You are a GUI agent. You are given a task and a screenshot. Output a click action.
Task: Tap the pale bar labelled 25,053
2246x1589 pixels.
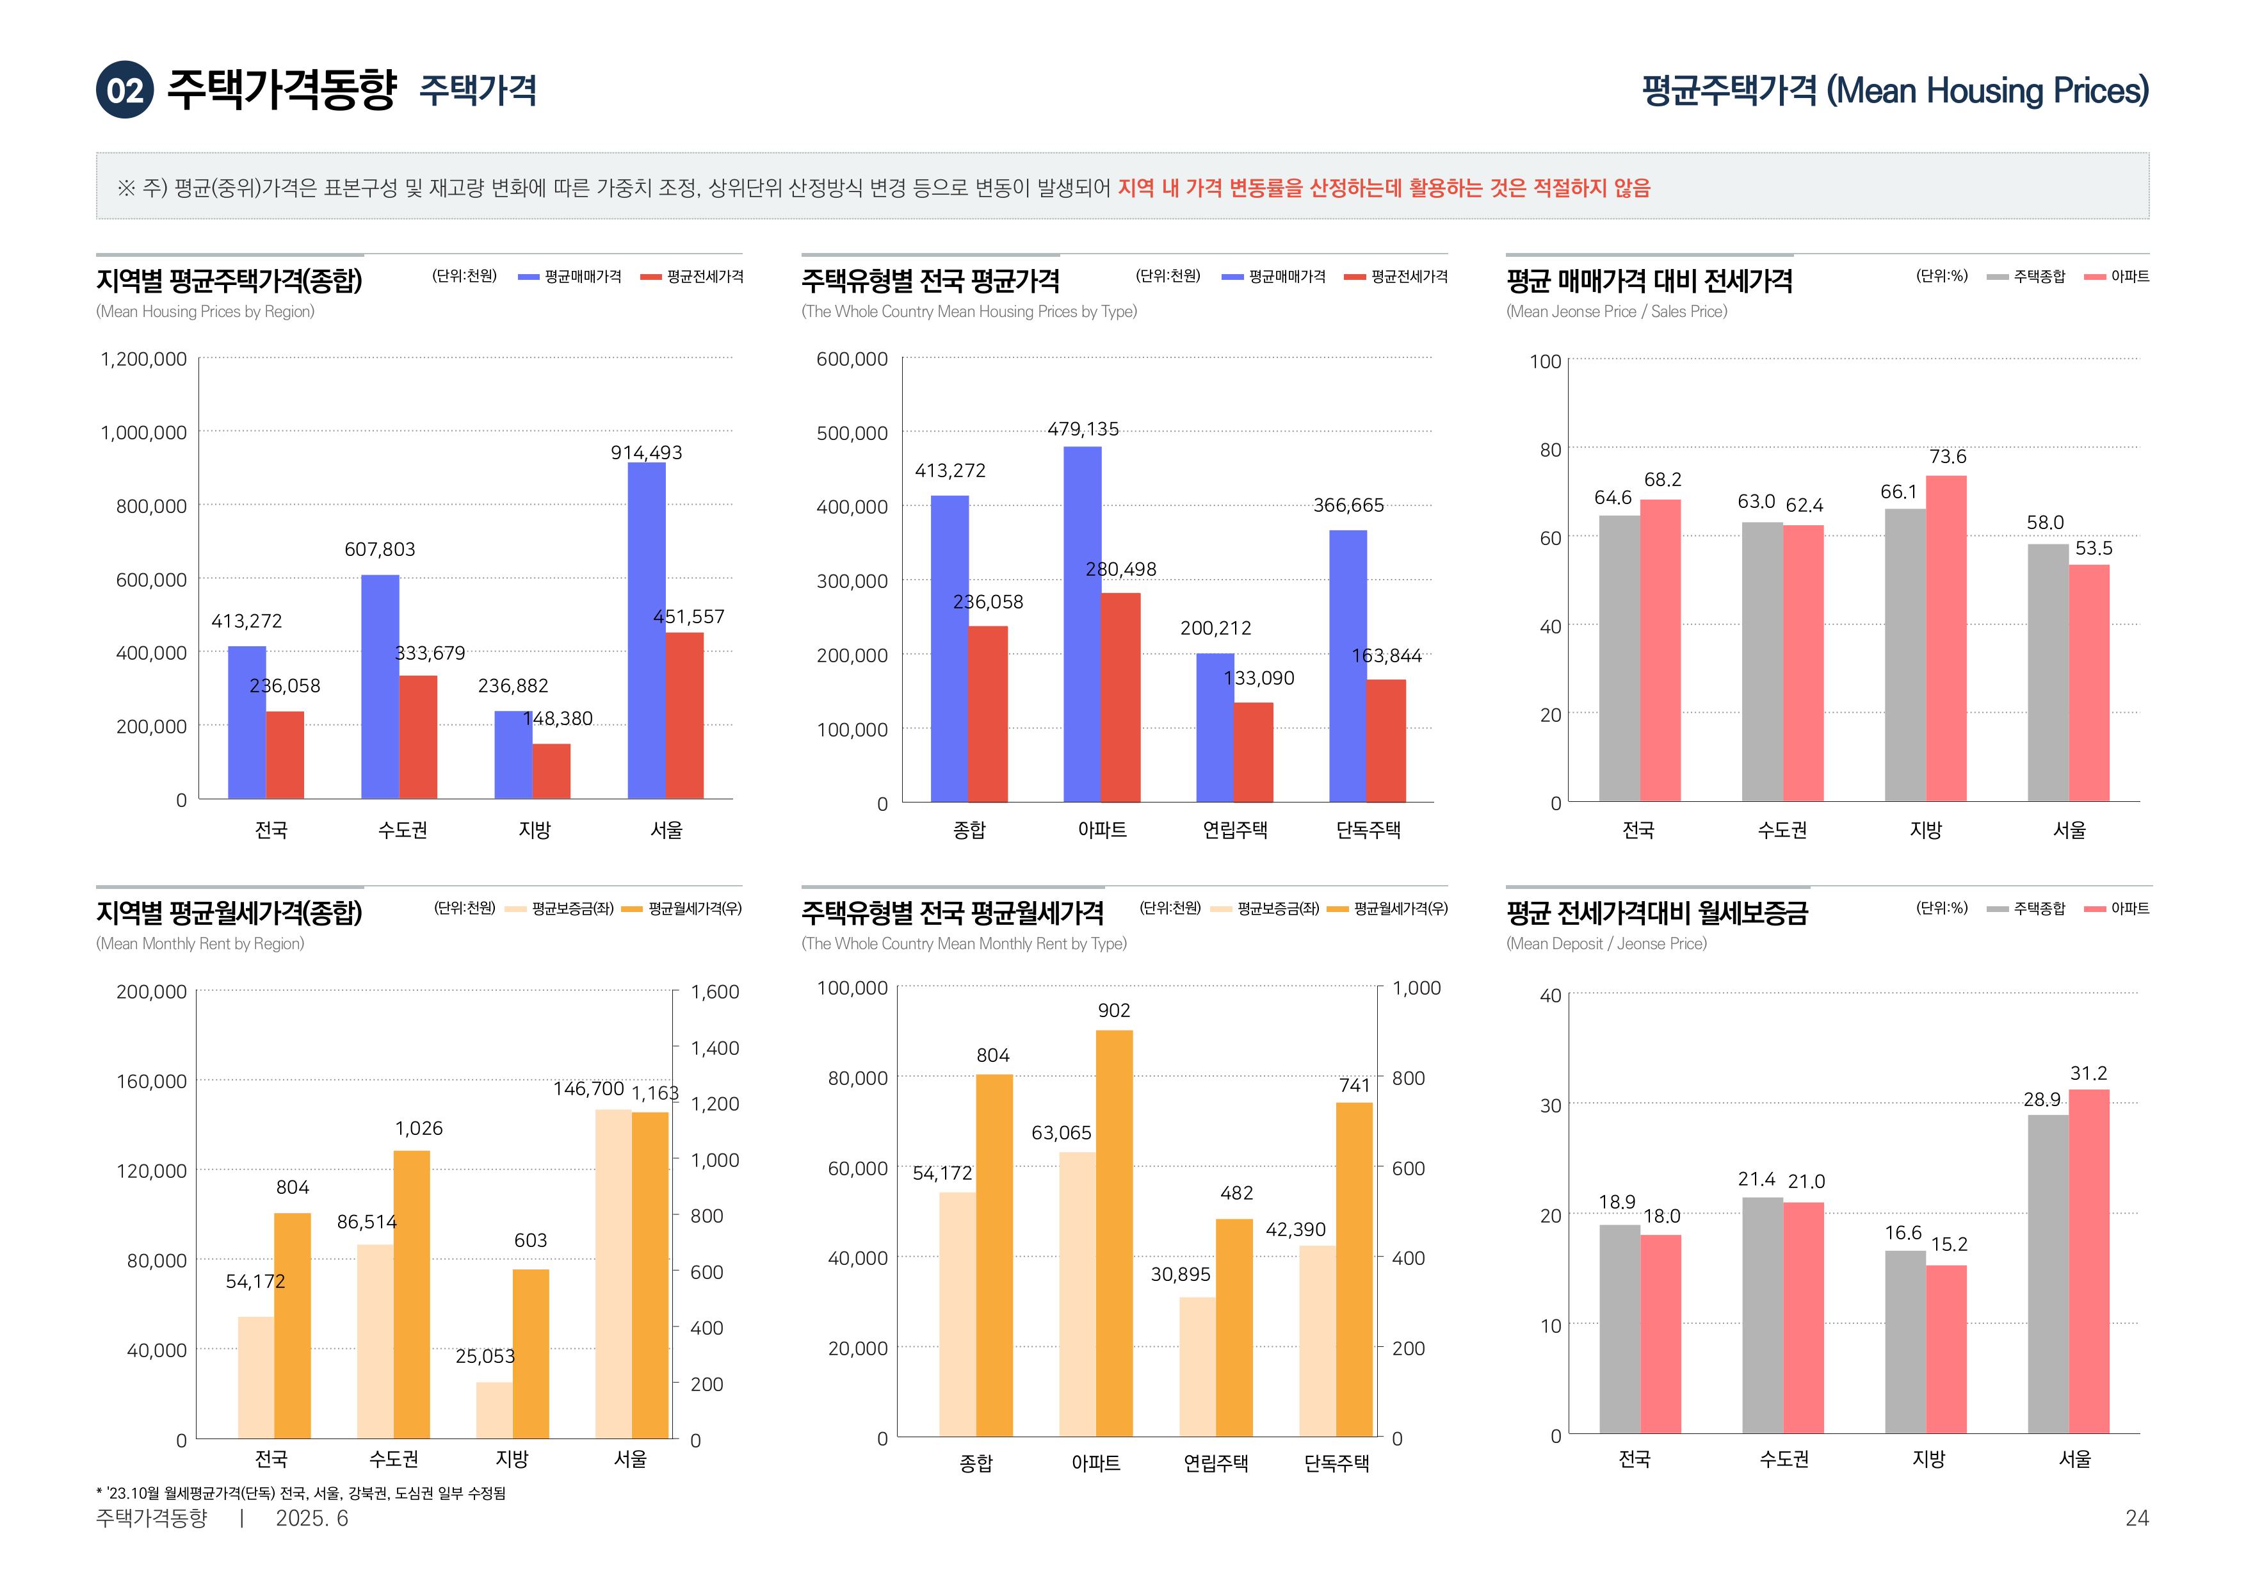click(x=494, y=1409)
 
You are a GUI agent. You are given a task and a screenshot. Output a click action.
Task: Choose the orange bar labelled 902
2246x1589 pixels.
click(x=1114, y=1233)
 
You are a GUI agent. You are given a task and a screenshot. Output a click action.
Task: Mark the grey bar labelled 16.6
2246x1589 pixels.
click(x=1905, y=1340)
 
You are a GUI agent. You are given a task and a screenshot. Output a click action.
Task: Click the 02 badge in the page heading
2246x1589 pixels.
click(x=124, y=90)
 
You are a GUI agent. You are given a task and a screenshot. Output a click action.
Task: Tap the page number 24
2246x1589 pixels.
click(x=2137, y=1517)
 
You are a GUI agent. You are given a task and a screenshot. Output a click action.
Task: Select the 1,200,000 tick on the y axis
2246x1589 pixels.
click(x=144, y=359)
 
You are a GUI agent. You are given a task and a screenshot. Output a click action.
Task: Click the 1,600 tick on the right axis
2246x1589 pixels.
click(x=714, y=991)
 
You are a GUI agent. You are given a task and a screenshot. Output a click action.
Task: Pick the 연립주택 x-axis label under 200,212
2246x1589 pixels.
click(x=1234, y=829)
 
